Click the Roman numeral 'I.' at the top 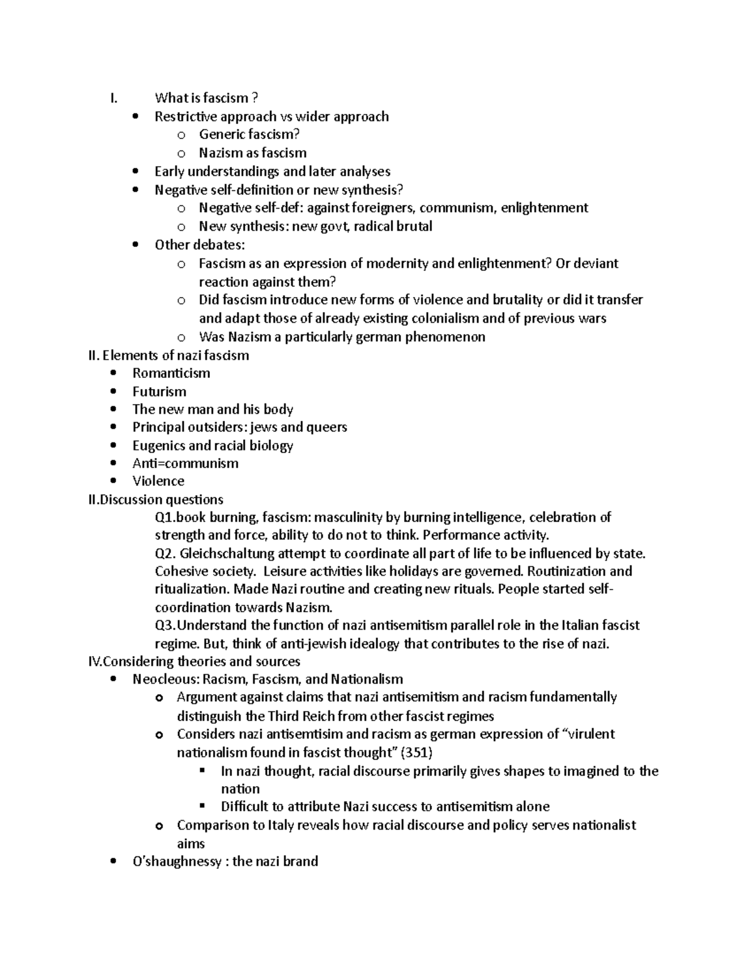[113, 98]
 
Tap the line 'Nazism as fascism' [253, 153]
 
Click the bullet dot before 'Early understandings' [136, 172]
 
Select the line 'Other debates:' [199, 244]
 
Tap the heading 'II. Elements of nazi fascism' [169, 355]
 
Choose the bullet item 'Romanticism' [171, 373]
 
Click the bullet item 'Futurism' [159, 392]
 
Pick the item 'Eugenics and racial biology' [212, 445]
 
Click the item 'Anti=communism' [185, 464]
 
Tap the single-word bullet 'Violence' [158, 481]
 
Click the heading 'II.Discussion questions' [156, 499]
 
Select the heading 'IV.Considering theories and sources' [195, 662]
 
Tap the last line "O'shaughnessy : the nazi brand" [225, 861]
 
